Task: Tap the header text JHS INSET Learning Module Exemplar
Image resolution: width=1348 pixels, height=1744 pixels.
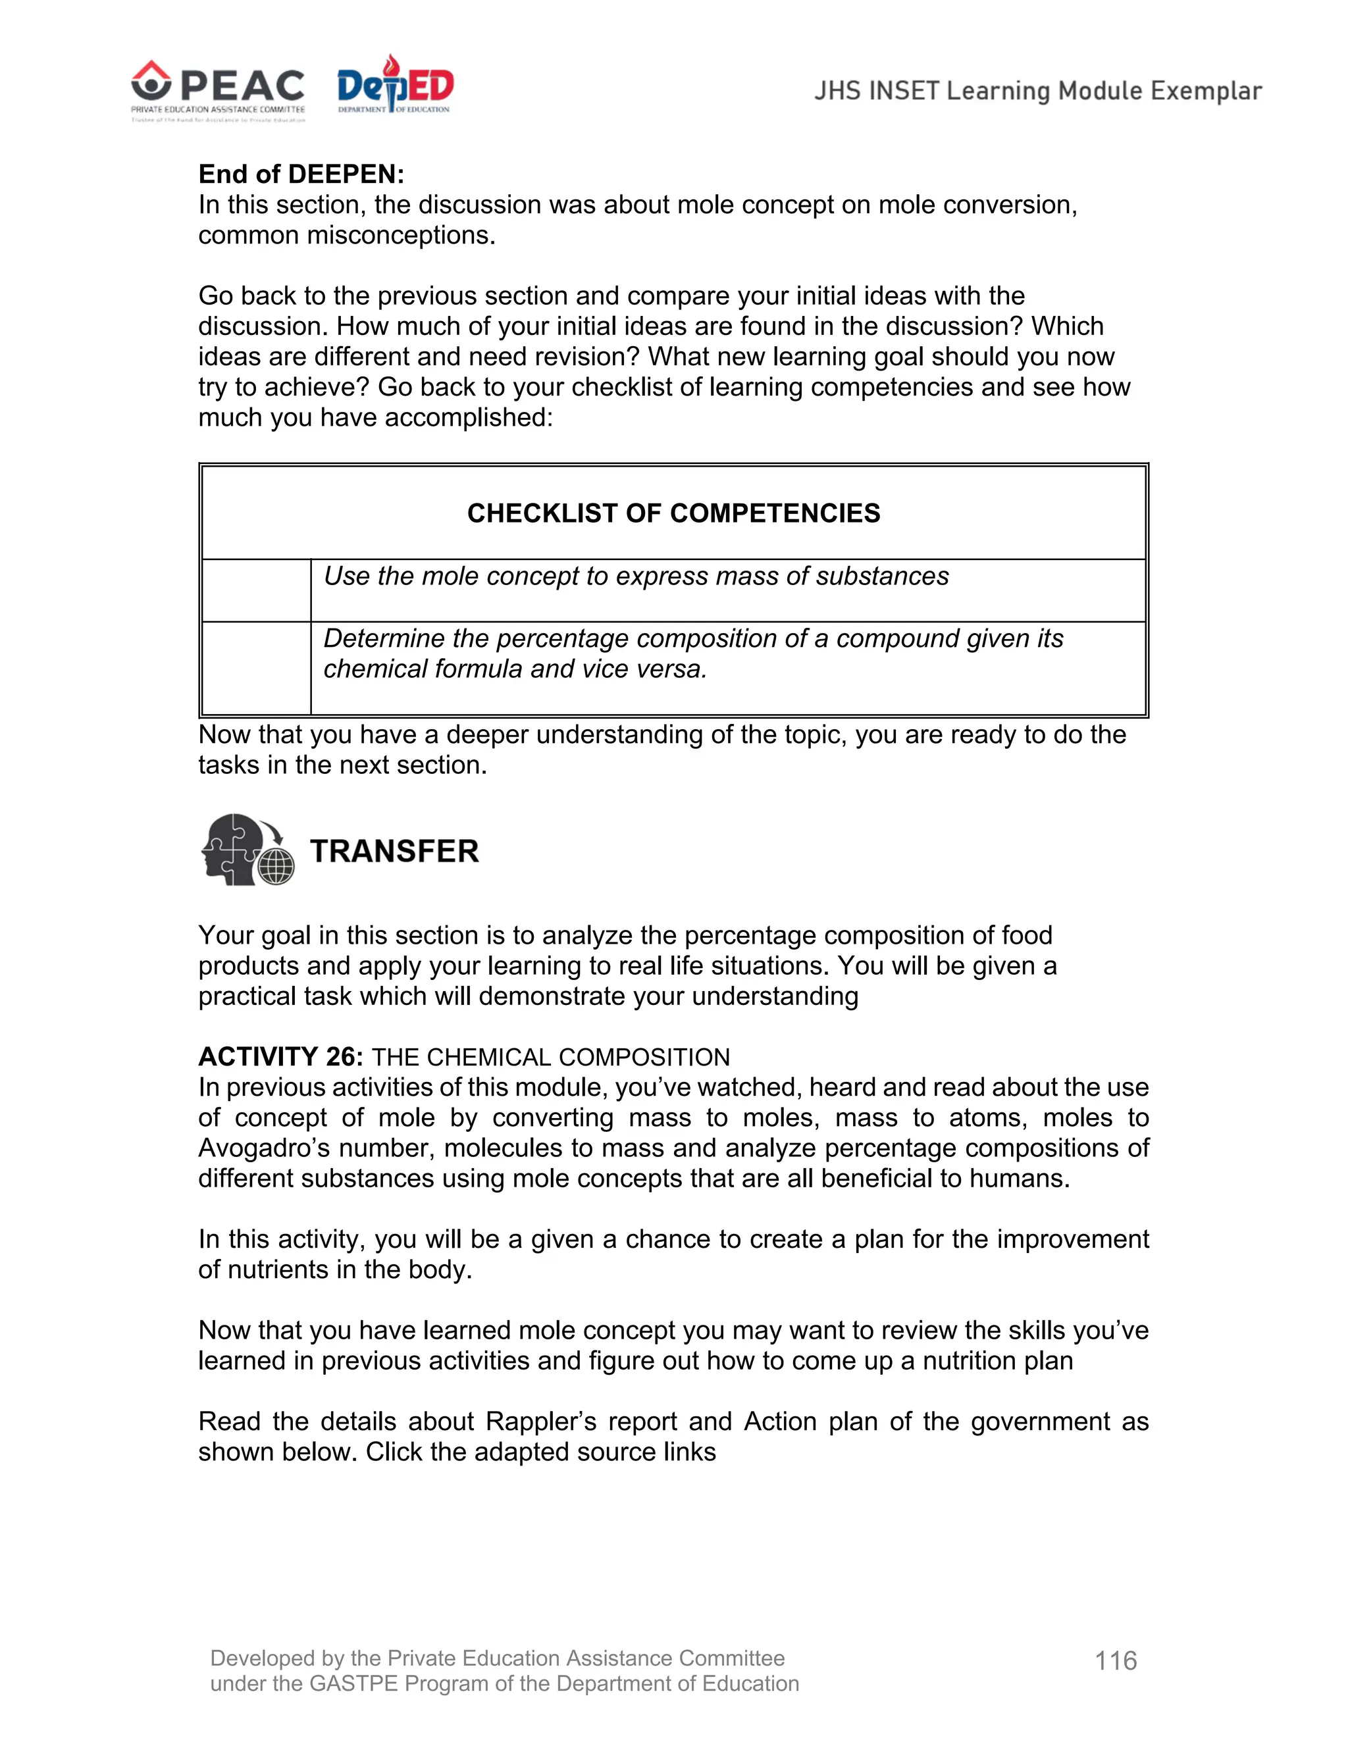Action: pyautogui.click(x=1037, y=91)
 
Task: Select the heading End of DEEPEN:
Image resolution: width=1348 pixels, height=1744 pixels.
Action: pyautogui.click(x=301, y=174)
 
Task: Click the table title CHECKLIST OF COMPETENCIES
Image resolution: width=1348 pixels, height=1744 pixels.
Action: pyautogui.click(x=673, y=513)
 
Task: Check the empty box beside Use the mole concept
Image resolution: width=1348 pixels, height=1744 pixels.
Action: pyautogui.click(x=256, y=590)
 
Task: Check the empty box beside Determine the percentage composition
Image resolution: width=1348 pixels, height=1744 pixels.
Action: pyautogui.click(x=256, y=667)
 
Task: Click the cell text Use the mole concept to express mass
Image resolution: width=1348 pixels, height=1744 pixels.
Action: pyautogui.click(x=636, y=576)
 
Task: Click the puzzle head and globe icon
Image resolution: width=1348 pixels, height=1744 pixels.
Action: pyautogui.click(x=247, y=850)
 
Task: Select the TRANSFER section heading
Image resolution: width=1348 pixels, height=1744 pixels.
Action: pyautogui.click(x=394, y=851)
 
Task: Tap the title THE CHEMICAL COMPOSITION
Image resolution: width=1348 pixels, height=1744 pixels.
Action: pyautogui.click(x=550, y=1058)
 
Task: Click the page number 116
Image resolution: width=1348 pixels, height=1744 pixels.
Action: pyautogui.click(x=1116, y=1661)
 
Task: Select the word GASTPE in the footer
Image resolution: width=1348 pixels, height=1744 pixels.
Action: pyautogui.click(x=353, y=1683)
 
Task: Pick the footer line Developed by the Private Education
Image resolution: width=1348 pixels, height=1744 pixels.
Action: pyautogui.click(x=497, y=1658)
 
